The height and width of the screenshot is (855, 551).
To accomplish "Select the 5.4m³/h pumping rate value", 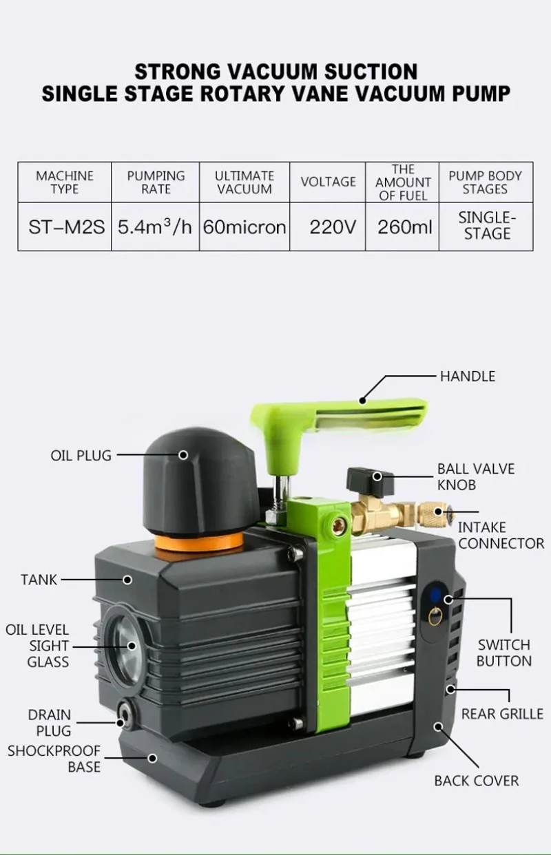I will click(155, 226).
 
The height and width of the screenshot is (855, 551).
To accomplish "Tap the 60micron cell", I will click(245, 226).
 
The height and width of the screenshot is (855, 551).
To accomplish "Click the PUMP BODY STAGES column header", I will click(486, 182).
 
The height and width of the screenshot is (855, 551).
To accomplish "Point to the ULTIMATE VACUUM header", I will click(245, 182).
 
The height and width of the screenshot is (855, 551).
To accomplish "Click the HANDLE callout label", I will click(468, 377).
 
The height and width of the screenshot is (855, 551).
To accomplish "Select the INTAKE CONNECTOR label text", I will click(501, 536).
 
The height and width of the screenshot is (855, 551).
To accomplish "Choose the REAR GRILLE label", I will click(502, 714).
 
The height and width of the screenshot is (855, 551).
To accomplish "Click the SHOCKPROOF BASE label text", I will click(54, 759).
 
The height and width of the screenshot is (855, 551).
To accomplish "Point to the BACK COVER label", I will click(476, 781).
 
